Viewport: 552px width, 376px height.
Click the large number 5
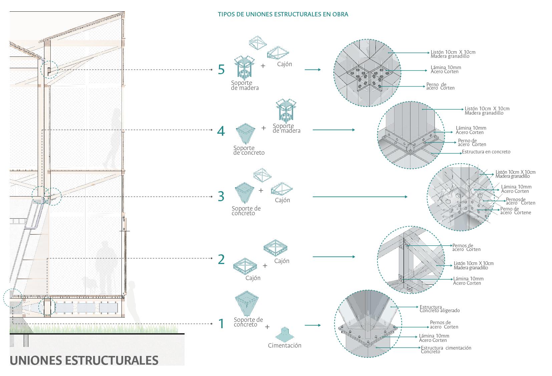221,70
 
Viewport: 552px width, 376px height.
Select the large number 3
221,197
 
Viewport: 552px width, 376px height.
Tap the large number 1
221,324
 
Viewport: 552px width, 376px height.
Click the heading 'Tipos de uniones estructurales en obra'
283,14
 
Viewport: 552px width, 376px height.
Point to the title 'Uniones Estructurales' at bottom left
84,360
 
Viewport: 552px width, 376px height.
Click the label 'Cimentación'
284,346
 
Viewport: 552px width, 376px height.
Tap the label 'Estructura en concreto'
486,152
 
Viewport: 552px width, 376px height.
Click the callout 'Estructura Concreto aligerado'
440,309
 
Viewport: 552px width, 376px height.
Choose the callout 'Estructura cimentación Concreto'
446,350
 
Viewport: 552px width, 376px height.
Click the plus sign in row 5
263,66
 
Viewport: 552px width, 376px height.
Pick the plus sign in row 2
265,266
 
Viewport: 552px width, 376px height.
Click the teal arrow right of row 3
360,197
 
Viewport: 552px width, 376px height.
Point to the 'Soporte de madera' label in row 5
245,85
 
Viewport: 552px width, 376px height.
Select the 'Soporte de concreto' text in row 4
249,150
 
